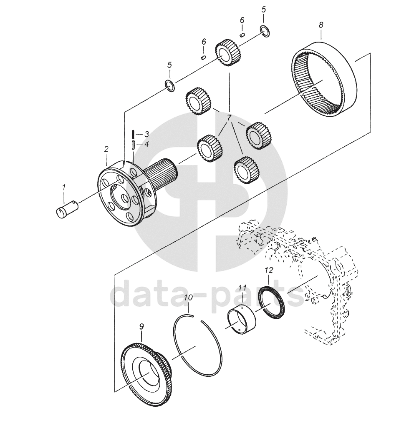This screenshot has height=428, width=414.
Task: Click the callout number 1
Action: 64,187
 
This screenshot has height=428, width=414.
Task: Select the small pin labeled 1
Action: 67,209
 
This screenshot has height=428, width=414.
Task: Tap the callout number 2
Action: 106,149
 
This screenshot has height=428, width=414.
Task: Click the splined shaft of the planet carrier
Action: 161,172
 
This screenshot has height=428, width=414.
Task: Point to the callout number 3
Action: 147,134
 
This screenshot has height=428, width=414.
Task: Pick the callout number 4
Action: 147,144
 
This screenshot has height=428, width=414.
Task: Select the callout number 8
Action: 321,25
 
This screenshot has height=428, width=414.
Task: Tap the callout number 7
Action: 229,118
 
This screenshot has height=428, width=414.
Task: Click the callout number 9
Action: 141,327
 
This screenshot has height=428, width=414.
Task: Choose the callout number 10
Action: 189,297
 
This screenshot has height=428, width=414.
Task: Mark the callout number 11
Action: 242,288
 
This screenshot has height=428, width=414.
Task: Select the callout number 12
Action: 269,270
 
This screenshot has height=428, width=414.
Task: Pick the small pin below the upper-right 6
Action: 242,35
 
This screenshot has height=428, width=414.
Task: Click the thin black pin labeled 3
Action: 133,134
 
